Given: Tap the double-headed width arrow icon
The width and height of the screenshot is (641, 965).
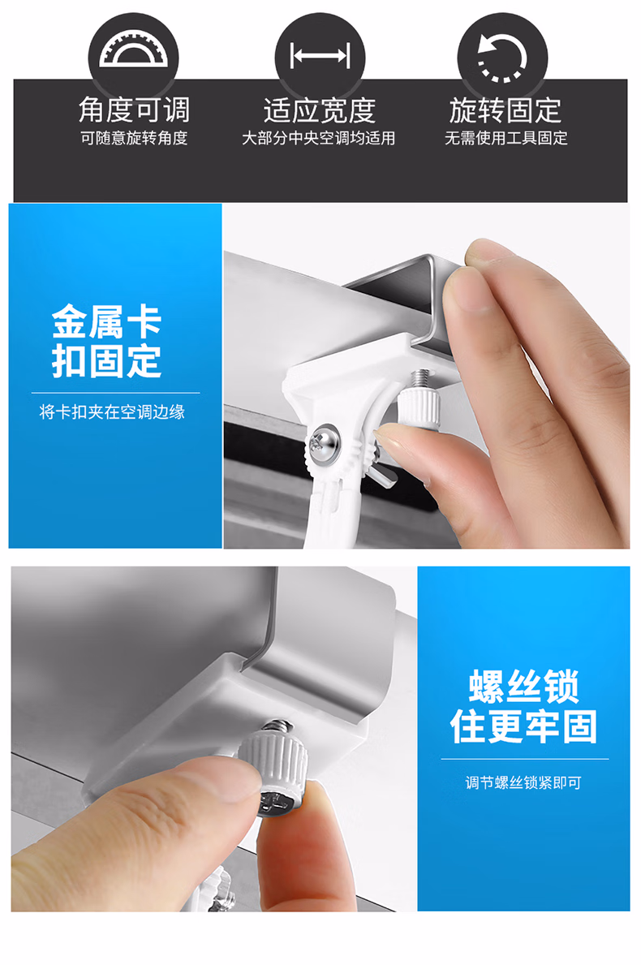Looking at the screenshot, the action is (320, 55).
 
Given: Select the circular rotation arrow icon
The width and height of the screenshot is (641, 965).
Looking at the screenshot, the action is (502, 58).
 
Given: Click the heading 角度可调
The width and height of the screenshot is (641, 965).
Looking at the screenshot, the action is (134, 110).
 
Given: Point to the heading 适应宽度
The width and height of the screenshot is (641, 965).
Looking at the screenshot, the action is (319, 110).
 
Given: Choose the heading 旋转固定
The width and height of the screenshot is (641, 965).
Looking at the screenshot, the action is (505, 110).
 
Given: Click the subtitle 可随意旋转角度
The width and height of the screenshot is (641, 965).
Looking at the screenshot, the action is (134, 138).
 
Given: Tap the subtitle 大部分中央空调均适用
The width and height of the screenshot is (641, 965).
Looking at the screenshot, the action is (319, 138).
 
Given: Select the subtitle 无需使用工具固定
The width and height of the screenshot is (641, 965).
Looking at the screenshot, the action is (506, 138).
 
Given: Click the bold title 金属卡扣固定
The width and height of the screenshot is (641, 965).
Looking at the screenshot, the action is (107, 341).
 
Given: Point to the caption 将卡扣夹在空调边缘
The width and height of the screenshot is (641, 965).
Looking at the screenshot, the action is (112, 411).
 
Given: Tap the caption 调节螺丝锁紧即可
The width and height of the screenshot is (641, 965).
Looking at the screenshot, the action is (523, 783).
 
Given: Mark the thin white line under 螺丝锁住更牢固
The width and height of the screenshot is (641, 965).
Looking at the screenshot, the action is (525, 760).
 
